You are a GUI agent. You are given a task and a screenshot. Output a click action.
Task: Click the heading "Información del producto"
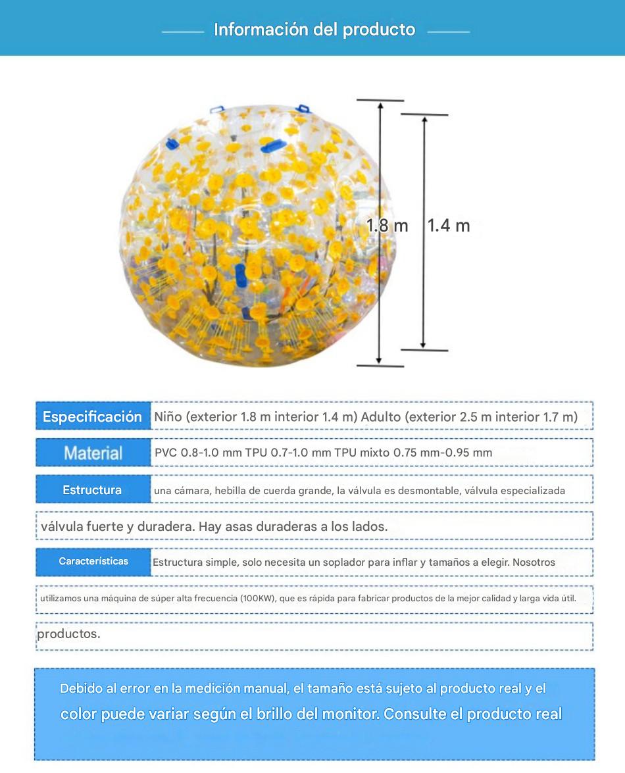[314, 30]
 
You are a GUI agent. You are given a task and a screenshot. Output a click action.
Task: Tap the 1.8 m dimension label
[387, 226]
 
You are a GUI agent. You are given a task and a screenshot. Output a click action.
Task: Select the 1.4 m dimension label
[449, 226]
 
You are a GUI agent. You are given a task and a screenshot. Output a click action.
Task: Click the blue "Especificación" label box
[93, 416]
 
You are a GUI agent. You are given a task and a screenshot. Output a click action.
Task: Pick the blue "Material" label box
[93, 453]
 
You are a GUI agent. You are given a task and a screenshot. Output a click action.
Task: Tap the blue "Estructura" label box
[93, 490]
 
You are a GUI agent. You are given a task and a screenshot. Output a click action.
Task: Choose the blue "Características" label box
[93, 561]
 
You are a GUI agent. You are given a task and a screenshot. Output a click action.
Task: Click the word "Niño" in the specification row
[168, 416]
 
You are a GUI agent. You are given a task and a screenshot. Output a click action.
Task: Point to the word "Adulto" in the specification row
[381, 416]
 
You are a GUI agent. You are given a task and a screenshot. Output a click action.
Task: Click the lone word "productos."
[68, 634]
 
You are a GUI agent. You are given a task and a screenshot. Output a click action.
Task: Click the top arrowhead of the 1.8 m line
[380, 105]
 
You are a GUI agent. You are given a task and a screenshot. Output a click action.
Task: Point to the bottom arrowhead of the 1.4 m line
[424, 345]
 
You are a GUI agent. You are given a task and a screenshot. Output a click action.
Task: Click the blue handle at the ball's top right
[303, 108]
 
